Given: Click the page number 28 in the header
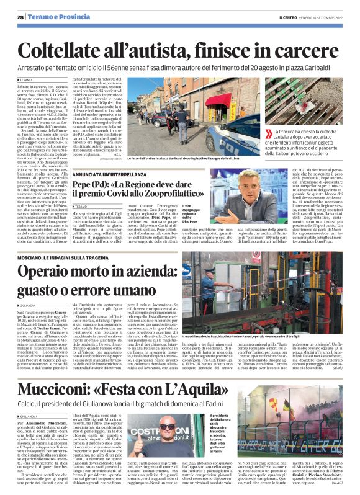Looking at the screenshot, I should (x=20, y=17).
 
